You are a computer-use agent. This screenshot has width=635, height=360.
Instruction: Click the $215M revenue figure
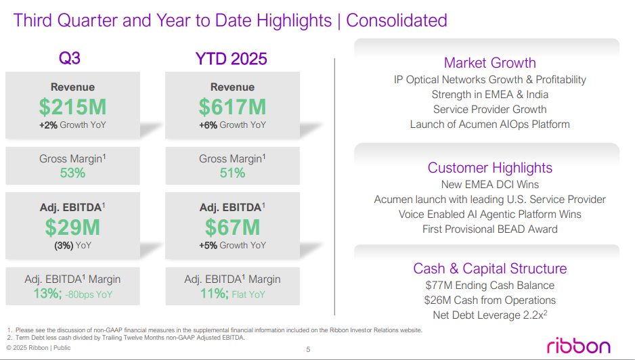click(72, 107)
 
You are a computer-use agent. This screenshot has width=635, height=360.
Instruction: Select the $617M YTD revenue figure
click(232, 107)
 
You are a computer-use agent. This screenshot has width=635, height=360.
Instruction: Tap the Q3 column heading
click(70, 59)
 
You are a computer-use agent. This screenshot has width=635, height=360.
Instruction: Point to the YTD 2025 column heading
click(231, 59)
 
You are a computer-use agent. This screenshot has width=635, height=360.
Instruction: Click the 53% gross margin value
click(72, 173)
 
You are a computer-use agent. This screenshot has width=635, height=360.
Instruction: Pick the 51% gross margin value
click(232, 173)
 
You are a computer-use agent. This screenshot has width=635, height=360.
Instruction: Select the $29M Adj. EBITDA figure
click(72, 227)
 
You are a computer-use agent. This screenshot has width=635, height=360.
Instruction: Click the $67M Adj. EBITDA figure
click(232, 227)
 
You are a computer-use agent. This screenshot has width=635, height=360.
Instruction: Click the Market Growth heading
click(489, 63)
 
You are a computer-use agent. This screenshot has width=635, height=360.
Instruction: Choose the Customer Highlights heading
click(489, 168)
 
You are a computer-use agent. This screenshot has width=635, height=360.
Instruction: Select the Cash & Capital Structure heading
click(489, 269)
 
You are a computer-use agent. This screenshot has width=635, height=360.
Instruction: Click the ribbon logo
click(578, 345)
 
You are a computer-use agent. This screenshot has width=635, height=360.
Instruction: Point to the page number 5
click(308, 349)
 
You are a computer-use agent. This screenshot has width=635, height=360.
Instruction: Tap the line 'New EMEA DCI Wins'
click(489, 185)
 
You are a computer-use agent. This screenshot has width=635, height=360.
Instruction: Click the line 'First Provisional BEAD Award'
click(489, 229)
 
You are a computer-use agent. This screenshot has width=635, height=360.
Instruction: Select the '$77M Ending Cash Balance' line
click(489, 286)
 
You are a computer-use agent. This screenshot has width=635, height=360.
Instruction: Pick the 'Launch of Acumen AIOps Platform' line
click(489, 125)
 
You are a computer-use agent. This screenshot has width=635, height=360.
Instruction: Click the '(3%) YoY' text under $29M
click(72, 246)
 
